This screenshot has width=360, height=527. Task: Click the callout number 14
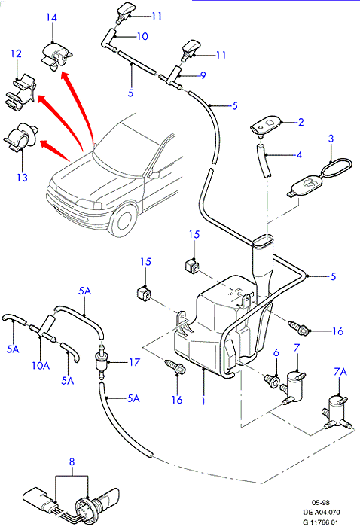(x=51, y=17)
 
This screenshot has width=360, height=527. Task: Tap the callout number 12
(x=16, y=53)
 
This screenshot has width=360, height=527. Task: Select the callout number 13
(x=22, y=177)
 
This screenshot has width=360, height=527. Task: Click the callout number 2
(x=301, y=122)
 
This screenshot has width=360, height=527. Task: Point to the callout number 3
(x=331, y=138)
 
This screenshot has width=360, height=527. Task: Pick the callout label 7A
(x=340, y=371)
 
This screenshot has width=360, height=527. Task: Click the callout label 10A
(x=41, y=365)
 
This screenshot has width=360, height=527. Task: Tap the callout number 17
(x=135, y=362)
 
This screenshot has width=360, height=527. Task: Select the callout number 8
(x=72, y=462)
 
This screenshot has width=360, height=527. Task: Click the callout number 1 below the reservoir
(x=203, y=401)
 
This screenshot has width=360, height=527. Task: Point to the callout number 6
(x=276, y=352)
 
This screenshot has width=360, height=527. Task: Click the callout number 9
(x=203, y=75)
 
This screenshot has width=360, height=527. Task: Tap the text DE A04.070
(x=322, y=512)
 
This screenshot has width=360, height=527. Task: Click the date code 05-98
(x=320, y=503)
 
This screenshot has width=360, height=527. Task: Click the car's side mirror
(x=154, y=175)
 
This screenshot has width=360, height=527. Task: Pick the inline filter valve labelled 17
(x=101, y=361)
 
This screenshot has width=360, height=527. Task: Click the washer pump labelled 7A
(x=338, y=412)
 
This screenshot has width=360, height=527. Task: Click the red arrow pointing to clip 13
(x=55, y=151)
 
